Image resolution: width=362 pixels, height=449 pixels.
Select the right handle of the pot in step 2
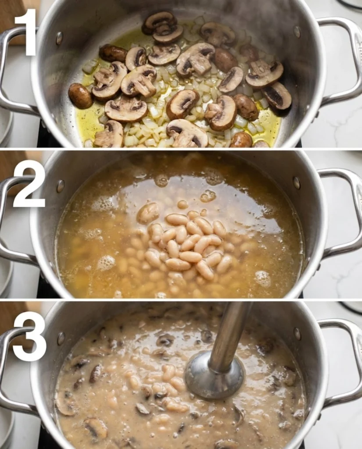pos(347,210)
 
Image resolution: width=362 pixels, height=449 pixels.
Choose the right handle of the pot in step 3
pos(347,362)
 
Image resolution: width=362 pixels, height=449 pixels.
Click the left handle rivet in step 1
pos(59,38)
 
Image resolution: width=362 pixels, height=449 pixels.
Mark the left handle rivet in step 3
pos(61,338)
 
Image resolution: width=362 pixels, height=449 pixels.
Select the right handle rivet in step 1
pos(297,32)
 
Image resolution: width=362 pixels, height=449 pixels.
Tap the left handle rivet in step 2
pos(60,186)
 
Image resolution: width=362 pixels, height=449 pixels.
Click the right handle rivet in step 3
pos(297,334)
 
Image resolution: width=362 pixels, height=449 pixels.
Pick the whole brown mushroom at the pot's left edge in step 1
pos(80,96)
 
